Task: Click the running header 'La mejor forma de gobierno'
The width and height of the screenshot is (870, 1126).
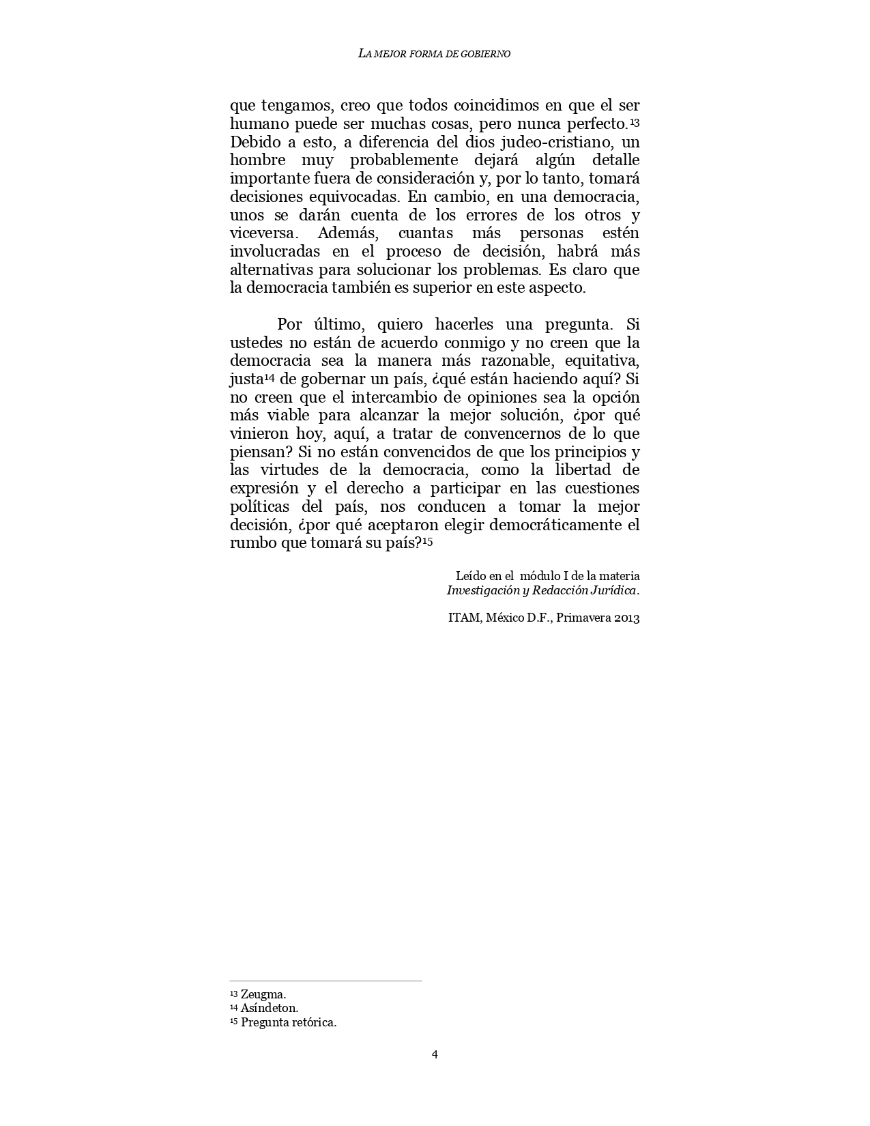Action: pyautogui.click(x=434, y=54)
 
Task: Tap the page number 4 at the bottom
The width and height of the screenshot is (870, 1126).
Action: pyautogui.click(x=435, y=1054)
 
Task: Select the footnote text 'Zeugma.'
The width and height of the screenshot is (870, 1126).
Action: pyautogui.click(x=263, y=994)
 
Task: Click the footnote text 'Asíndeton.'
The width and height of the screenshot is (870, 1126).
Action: pyautogui.click(x=269, y=1008)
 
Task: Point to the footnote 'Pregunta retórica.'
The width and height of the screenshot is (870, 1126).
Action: pyautogui.click(x=289, y=1022)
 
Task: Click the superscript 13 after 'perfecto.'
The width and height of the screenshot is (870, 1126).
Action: pyautogui.click(x=634, y=122)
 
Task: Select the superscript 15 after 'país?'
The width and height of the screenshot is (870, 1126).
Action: pyautogui.click(x=427, y=541)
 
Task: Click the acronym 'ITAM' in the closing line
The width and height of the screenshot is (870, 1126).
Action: pyautogui.click(x=463, y=618)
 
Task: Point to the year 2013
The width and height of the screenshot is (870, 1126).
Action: pyautogui.click(x=626, y=618)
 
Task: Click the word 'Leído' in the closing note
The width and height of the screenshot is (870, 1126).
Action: pyautogui.click(x=470, y=577)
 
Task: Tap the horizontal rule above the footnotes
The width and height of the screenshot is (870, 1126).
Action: pyautogui.click(x=325, y=981)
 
